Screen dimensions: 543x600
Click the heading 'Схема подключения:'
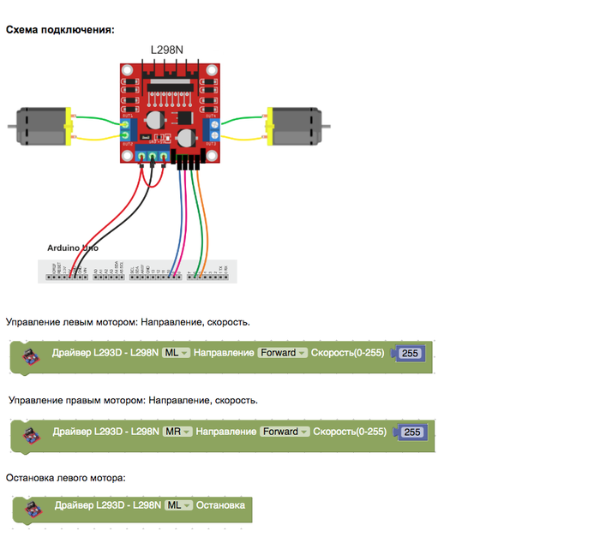60,30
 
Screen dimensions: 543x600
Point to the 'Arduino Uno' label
72,248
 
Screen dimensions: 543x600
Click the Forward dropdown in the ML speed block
283,353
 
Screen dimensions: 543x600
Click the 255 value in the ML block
409,354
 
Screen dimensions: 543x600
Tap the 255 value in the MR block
411,433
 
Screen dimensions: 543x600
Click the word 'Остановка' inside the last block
220,505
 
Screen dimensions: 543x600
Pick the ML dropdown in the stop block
178,505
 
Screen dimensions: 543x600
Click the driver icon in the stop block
30,510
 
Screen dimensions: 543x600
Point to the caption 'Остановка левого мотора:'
66,477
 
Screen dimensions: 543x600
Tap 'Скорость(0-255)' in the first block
348,353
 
